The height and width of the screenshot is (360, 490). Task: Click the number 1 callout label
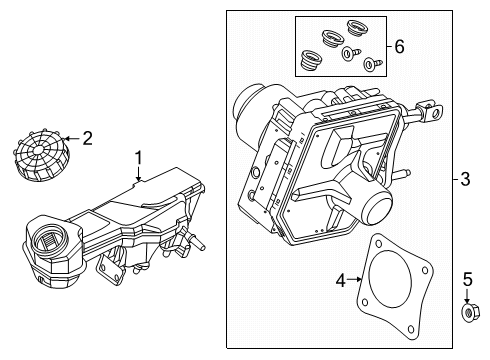[x=140, y=158]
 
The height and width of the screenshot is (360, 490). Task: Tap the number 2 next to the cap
[x=87, y=138]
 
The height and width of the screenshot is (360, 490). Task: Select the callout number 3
[x=464, y=180]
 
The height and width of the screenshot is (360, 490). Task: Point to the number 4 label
[x=341, y=281]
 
